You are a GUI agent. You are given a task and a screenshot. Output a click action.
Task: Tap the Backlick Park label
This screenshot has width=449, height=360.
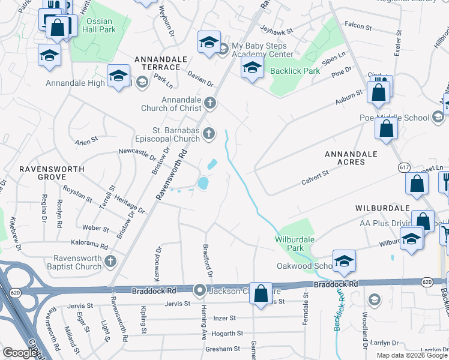(295, 71)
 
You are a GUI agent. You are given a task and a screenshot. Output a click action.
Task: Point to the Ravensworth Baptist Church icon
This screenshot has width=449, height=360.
(110, 261)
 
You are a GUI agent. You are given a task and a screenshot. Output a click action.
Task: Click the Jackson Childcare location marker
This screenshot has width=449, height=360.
(200, 291)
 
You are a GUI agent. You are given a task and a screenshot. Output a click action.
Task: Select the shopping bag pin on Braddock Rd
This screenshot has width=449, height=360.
(261, 293)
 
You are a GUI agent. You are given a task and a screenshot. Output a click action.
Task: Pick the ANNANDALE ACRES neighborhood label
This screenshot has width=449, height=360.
(351, 158)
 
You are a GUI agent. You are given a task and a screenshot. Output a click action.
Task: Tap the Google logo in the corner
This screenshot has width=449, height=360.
(20, 353)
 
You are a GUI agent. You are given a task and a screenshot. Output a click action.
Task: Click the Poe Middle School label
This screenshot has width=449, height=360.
(393, 118)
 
